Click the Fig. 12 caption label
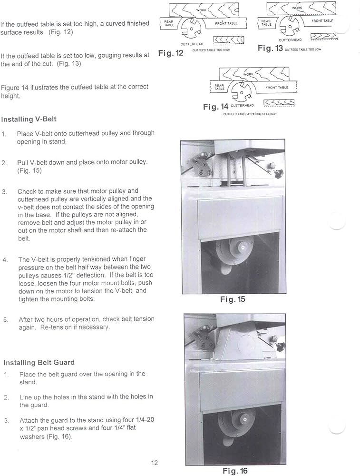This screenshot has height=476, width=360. point(171,53)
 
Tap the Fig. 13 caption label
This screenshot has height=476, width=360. point(270,48)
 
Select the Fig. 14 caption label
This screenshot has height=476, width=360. point(215,107)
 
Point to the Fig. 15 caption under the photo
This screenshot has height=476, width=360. point(233,299)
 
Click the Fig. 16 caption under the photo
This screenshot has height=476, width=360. point(235,471)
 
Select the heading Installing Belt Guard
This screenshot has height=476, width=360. point(38,362)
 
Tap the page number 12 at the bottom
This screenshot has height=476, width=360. point(154,463)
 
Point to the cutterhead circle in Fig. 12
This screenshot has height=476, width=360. point(192,28)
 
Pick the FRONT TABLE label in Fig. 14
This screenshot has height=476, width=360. point(277,88)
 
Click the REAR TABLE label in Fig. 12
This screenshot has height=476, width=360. point(169,23)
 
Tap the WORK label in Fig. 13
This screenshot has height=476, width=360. point(297,8)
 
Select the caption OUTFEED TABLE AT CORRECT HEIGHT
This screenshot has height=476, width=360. point(250,114)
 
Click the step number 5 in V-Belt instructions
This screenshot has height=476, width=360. point(5,319)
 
